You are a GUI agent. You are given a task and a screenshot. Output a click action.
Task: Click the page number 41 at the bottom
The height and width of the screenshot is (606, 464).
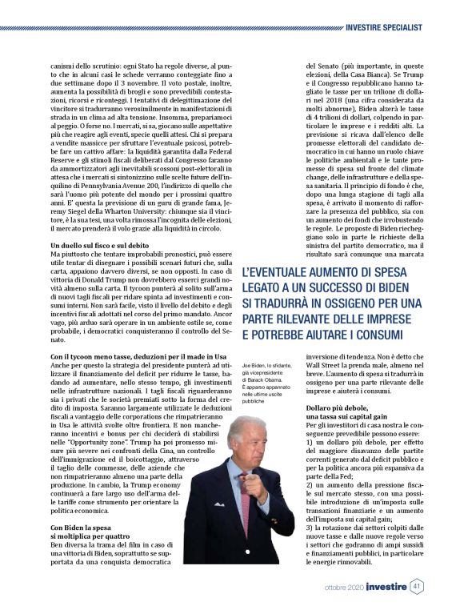[418, 586]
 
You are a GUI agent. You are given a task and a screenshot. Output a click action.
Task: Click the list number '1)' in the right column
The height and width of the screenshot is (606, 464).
[311, 441]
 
